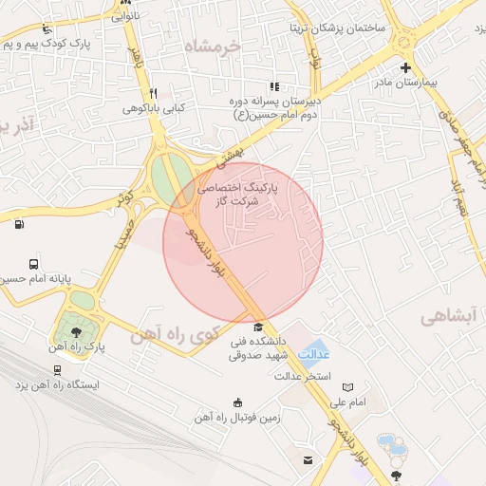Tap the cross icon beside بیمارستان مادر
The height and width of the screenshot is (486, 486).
point(406,67)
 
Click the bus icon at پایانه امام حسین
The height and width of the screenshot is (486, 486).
point(34,264)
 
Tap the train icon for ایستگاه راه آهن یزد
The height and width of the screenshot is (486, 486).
point(58,371)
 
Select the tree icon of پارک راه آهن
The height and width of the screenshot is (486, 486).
point(76,331)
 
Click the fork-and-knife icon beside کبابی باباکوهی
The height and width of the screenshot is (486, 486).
point(153,93)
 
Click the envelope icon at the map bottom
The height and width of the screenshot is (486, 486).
point(308,460)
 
